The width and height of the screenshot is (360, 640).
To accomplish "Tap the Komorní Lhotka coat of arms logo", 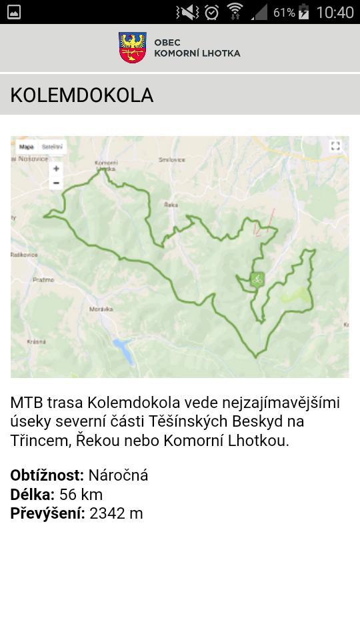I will (x=132, y=48).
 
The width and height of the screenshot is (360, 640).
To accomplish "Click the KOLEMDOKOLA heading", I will (x=82, y=95).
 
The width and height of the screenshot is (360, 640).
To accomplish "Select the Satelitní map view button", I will (x=52, y=147).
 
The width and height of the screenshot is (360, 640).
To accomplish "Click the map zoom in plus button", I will (x=56, y=169).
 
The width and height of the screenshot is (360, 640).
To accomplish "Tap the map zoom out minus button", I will (x=56, y=183).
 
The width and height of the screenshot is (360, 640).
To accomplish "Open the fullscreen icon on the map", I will (x=335, y=146).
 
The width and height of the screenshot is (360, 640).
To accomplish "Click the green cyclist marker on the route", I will (x=257, y=279).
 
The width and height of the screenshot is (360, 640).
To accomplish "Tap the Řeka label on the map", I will (x=171, y=205).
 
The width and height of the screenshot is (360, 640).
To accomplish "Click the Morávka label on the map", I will (x=101, y=309).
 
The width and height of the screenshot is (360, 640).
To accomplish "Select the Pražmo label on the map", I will (x=43, y=280).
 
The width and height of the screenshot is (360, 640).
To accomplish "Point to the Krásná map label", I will (x=36, y=341).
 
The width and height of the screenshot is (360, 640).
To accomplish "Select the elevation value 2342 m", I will (x=116, y=513).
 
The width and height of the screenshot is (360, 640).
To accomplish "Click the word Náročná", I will (x=118, y=475).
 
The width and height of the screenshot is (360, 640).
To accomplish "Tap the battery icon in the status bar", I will (x=304, y=12).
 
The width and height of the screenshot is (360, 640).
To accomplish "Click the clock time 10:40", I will (x=335, y=12).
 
